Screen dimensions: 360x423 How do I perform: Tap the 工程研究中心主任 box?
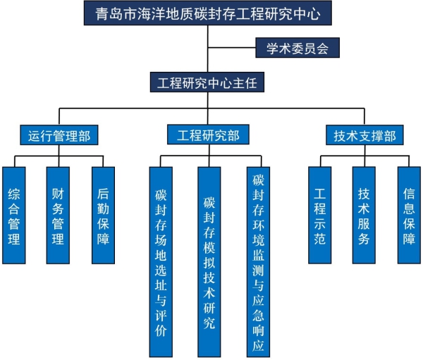point(207,82)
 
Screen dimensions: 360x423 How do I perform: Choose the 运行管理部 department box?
point(59,135)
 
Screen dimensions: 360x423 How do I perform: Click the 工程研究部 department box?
point(209,135)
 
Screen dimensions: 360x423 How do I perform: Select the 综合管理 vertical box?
point(14,216)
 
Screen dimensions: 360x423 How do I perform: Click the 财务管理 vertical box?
point(58,216)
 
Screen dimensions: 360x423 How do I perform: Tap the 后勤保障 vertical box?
point(103,216)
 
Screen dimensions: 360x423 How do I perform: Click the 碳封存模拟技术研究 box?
point(209,261)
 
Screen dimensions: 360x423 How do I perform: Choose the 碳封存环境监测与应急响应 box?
point(258,261)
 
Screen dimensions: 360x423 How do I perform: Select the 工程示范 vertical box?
point(320,216)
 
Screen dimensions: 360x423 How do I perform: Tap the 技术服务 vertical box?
point(364,216)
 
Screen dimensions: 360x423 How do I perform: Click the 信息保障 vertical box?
point(409,216)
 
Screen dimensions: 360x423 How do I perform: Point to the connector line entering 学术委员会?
point(233,49)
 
